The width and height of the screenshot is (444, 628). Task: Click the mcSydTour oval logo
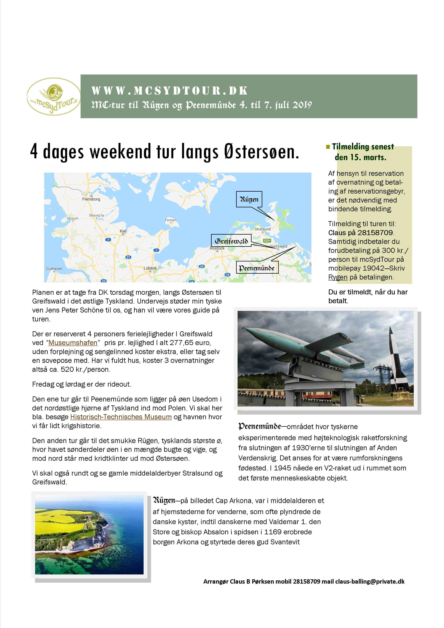click(x=54, y=96)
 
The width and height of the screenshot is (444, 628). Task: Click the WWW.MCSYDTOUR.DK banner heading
click(x=170, y=91)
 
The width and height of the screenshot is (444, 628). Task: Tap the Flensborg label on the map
click(x=91, y=199)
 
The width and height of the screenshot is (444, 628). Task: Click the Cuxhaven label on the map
click(x=54, y=269)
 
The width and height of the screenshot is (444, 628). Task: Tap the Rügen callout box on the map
click(x=249, y=199)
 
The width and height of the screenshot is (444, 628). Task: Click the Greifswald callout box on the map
click(x=231, y=241)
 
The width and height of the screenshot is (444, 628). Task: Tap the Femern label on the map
click(x=171, y=220)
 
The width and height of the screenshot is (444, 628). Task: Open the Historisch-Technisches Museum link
click(x=121, y=417)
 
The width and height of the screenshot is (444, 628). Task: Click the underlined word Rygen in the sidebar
click(x=338, y=277)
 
